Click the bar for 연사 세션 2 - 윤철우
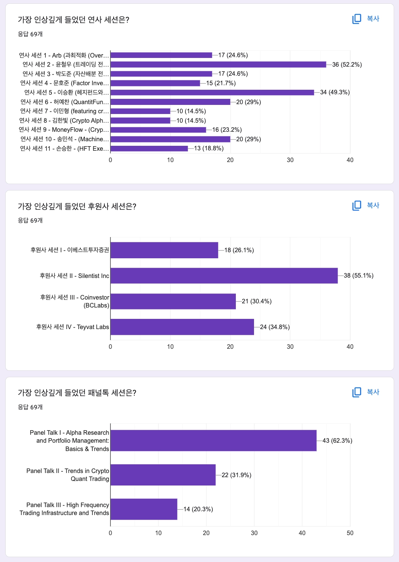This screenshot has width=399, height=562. (218, 64)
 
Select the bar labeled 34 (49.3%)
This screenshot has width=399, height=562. (212, 92)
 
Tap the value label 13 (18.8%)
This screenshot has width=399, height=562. (209, 148)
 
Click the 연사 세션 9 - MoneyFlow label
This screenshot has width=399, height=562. (64, 130)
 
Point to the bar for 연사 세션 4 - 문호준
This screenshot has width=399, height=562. (155, 83)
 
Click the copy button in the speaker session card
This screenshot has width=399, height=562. (366, 19)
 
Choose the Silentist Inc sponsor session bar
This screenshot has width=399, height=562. (224, 276)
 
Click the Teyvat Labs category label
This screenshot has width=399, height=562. (73, 327)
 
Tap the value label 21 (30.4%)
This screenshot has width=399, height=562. (257, 301)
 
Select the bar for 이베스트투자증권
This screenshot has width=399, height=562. (164, 250)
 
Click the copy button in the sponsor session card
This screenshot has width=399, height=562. (366, 205)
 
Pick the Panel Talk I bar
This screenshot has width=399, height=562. (213, 440)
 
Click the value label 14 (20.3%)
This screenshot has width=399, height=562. (198, 509)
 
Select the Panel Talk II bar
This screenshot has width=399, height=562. (163, 475)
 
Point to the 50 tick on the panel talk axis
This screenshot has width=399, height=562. (350, 533)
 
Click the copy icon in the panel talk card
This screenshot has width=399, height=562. (357, 392)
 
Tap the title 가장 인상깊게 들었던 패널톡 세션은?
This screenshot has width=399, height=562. (77, 393)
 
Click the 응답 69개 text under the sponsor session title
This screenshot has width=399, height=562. (30, 220)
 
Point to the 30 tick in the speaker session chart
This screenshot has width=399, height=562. (290, 160)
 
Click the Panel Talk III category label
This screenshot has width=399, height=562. (64, 509)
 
